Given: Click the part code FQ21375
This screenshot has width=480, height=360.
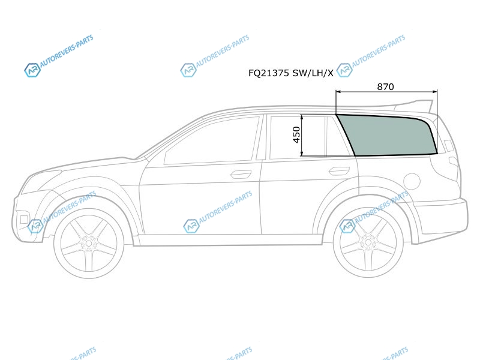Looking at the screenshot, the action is [268, 73].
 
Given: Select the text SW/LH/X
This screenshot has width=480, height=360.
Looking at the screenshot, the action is [313, 73].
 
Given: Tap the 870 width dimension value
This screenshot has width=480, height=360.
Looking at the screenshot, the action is [385, 87].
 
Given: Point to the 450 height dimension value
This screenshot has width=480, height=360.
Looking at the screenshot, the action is [296, 134].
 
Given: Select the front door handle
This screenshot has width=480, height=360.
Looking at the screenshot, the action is [241, 174].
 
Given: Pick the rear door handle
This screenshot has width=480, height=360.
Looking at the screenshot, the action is [339, 171].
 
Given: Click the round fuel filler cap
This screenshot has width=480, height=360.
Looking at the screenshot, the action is [412, 181].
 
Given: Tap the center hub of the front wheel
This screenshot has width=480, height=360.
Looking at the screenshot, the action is [89, 244].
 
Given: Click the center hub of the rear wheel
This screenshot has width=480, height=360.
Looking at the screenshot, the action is [368, 243].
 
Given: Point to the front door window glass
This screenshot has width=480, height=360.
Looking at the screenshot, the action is [211, 140].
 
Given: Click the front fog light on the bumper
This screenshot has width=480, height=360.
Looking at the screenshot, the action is [23, 220].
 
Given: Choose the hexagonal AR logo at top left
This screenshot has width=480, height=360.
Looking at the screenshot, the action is [32, 70].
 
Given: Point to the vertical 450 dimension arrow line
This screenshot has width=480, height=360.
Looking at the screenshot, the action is [302, 136].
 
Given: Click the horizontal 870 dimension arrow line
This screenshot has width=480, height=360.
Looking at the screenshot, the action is [386, 91].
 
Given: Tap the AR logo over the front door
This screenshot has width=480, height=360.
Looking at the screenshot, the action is [191, 226].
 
